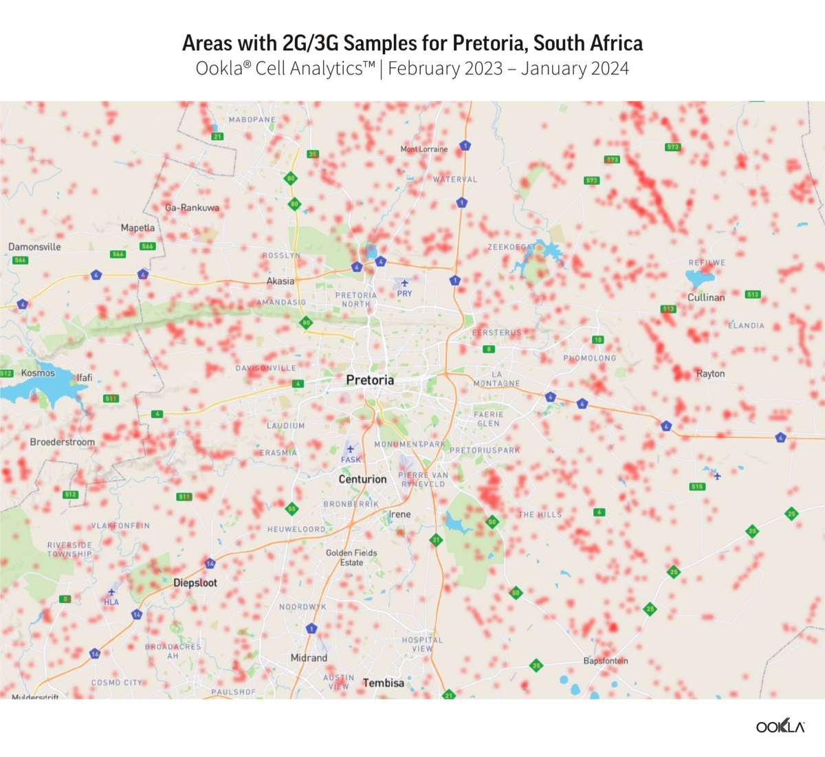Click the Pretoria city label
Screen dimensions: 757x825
(370, 380)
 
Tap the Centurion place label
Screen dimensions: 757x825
(362, 479)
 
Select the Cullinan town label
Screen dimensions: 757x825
(706, 298)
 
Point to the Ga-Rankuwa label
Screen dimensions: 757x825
(192, 208)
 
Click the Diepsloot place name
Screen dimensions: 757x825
(195, 583)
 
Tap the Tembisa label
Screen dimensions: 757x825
(383, 683)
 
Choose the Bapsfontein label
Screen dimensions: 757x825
(606, 661)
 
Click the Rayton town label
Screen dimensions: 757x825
(710, 374)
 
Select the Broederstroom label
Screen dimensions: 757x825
(63, 442)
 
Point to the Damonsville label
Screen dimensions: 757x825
(34, 247)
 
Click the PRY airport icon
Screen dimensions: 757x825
(404, 283)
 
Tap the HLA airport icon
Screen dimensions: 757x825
(111, 592)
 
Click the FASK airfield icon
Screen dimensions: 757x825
(350, 450)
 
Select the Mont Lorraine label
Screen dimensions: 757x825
(424, 149)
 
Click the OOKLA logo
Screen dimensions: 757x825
(780, 727)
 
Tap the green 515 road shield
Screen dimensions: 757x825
(697, 487)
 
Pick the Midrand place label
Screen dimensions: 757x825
(309, 658)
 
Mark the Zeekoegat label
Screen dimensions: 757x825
(511, 248)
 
